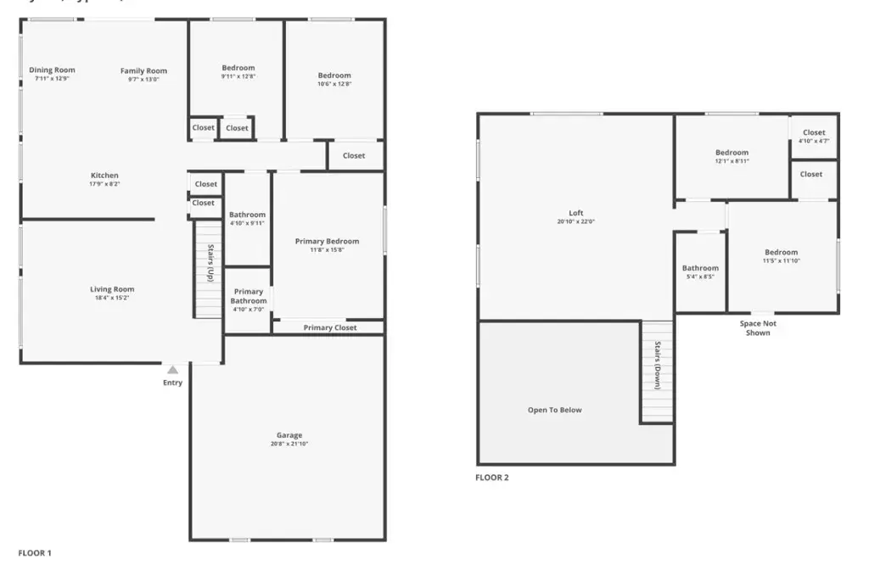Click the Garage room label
point(289,435)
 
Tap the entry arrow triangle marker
point(172,370)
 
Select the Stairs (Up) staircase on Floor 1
point(208,270)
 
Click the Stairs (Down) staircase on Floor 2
point(657,372)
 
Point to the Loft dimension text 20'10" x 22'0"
point(576,222)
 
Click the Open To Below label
point(555,411)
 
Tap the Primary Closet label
point(330,327)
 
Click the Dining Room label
point(52,70)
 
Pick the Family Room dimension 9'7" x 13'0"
point(143,80)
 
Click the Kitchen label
point(104,176)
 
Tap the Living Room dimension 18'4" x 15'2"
point(112,299)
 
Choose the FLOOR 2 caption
point(492,478)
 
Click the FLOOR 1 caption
point(35,553)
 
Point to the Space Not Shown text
point(758,328)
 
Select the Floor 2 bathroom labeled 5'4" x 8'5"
point(700,271)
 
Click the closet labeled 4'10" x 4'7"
point(814,136)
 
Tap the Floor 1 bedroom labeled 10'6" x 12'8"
point(334,79)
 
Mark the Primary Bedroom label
point(327,242)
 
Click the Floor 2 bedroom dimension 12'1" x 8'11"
point(732,161)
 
